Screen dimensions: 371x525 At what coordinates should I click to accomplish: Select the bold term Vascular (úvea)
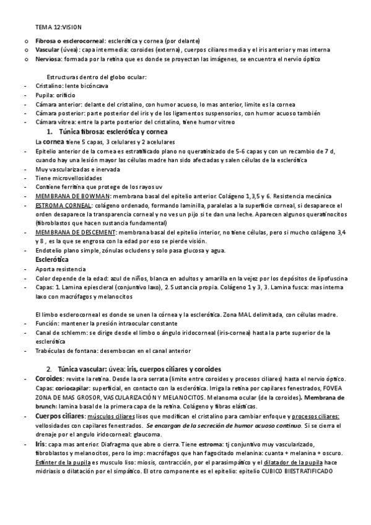(x=56, y=50)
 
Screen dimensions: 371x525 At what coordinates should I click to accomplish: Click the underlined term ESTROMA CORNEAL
(x=63, y=204)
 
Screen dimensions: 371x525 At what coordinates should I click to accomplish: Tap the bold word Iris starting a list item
(x=41, y=443)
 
